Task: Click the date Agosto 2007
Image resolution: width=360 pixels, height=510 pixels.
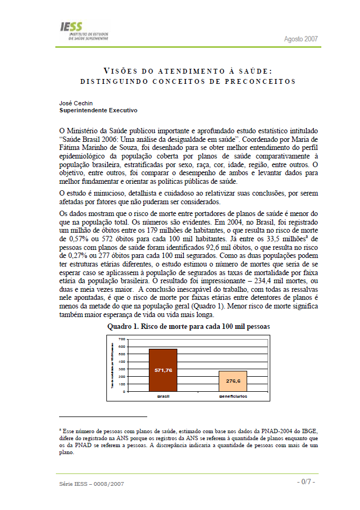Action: [301, 39]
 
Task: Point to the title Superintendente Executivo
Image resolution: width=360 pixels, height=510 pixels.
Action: [98, 110]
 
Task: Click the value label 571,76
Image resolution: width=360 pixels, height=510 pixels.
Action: [163, 371]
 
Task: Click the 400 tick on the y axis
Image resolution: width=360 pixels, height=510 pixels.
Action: [121, 362]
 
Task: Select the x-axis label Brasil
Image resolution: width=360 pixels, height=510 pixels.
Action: [163, 396]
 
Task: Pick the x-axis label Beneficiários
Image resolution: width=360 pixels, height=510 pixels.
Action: [232, 396]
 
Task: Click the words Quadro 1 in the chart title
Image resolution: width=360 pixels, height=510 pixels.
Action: [125, 326]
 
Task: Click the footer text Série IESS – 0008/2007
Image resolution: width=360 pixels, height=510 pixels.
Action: [92, 484]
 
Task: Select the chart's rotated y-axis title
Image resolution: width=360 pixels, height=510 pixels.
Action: [112, 365]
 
